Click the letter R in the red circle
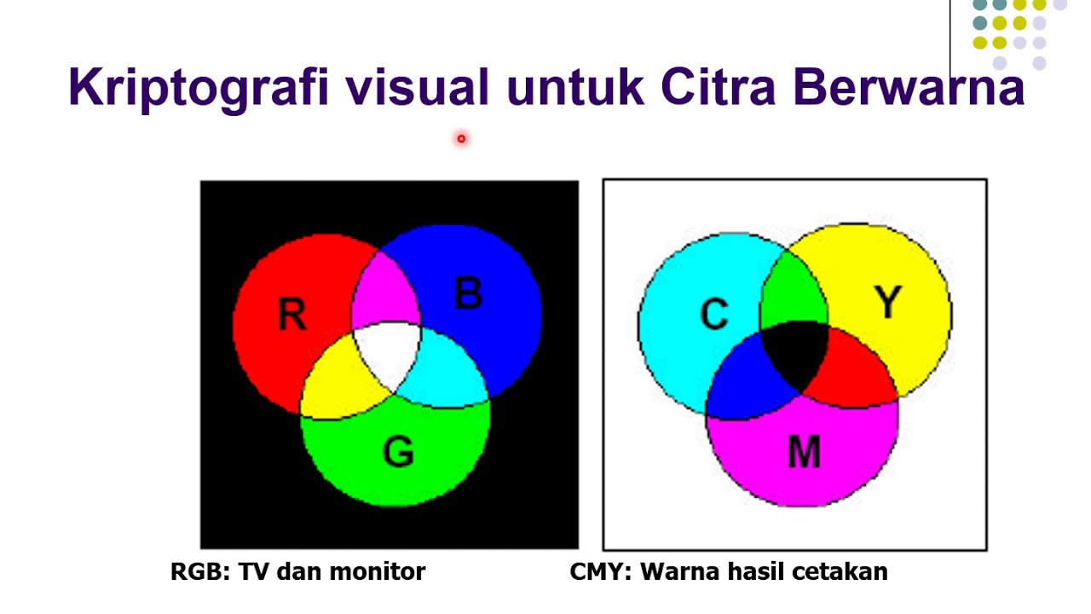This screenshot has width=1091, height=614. (292, 315)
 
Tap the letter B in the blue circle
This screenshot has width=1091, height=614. (469, 293)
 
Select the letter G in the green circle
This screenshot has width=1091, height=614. (398, 452)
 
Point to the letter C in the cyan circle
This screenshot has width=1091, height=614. (714, 314)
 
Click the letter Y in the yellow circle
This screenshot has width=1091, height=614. (888, 302)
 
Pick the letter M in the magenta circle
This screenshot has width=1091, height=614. (804, 452)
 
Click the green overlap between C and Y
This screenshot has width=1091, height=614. (794, 293)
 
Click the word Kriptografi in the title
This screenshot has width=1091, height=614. (199, 88)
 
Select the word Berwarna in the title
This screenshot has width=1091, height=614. (909, 87)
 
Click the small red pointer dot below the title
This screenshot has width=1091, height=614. (461, 139)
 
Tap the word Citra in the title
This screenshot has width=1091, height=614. (718, 86)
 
